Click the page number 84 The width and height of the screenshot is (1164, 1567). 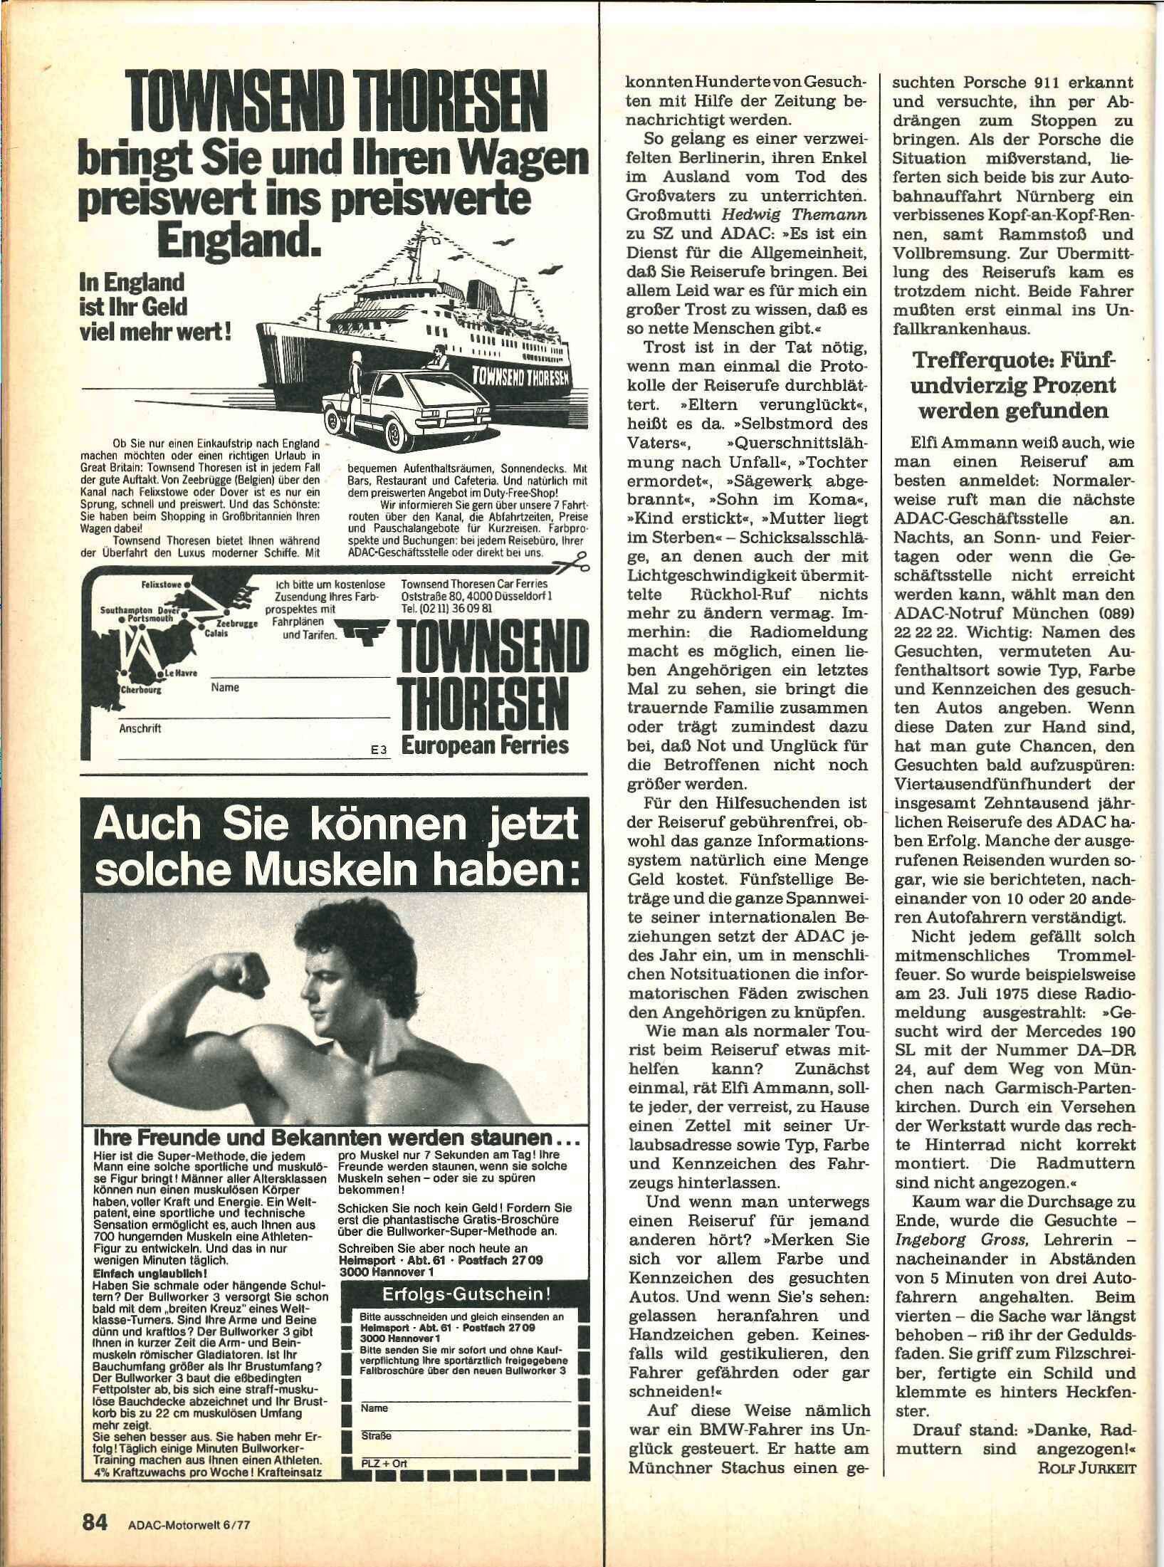coord(95,1519)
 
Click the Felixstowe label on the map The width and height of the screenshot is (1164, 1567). coord(162,583)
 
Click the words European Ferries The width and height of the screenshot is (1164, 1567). coord(485,745)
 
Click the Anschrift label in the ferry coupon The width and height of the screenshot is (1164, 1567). coord(140,728)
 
